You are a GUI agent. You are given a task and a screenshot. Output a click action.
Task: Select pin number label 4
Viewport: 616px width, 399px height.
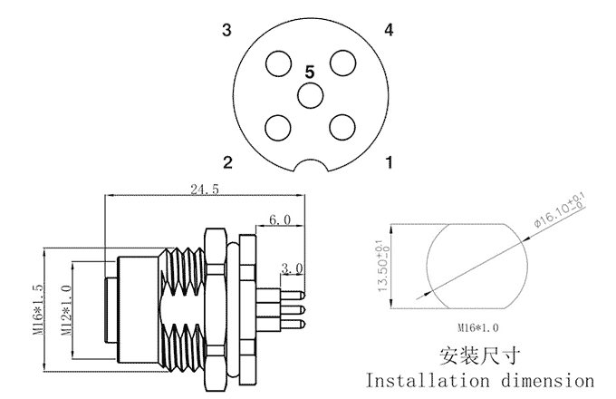pyautogui.click(x=389, y=31)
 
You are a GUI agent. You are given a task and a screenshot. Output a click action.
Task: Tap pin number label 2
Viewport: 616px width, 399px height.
pyautogui.click(x=227, y=163)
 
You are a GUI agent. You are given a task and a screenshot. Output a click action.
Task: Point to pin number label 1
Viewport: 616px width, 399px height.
pyautogui.click(x=389, y=163)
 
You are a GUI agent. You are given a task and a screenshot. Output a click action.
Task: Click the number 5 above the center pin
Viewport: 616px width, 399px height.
pyautogui.click(x=310, y=71)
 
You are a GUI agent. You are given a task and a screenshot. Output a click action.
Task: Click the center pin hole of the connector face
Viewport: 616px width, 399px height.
pyautogui.click(x=310, y=94)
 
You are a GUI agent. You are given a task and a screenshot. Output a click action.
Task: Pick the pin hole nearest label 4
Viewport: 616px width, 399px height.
pyautogui.click(x=342, y=63)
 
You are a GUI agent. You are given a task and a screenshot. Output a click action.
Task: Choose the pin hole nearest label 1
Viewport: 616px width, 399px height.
pyautogui.click(x=342, y=126)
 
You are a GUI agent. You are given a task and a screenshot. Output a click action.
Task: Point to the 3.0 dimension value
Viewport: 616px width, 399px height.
pyautogui.click(x=292, y=268)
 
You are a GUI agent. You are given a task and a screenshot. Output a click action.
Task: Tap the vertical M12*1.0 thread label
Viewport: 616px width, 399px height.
pyautogui.click(x=65, y=308)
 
